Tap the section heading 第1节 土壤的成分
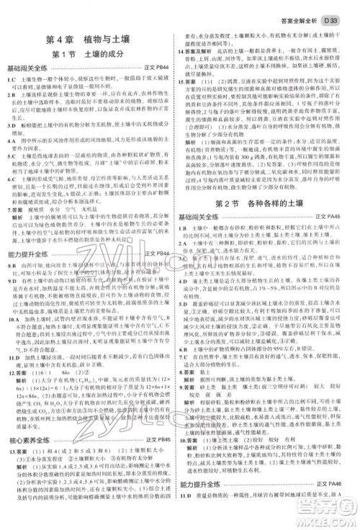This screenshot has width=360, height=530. pos(89,55)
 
